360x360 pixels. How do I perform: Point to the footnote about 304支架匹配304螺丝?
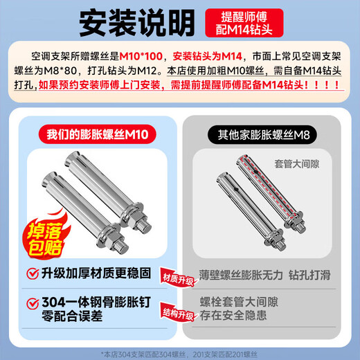tap(180, 350)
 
